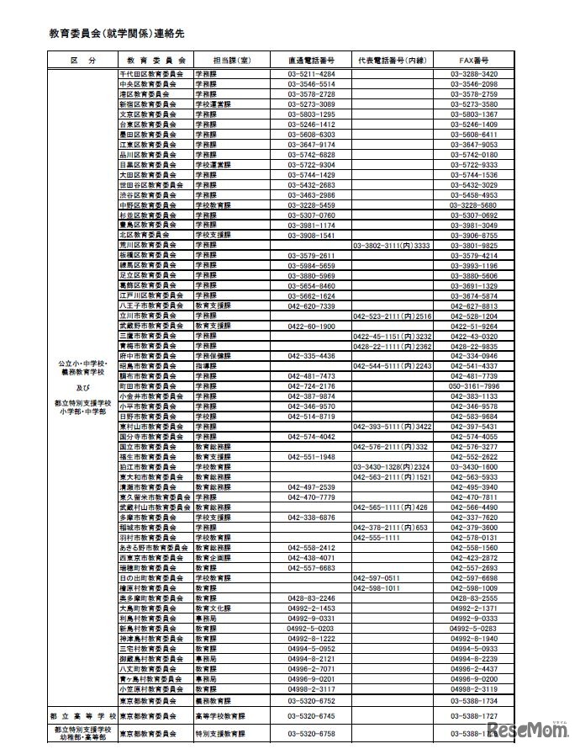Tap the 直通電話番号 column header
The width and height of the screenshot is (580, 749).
pyautogui.click(x=311, y=61)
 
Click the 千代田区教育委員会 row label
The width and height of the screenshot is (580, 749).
pyautogui.click(x=148, y=75)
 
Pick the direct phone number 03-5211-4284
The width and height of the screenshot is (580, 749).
pyautogui.click(x=311, y=75)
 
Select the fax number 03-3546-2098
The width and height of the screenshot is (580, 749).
pyautogui.click(x=474, y=85)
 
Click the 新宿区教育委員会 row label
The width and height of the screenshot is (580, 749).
pyautogui.click(x=148, y=104)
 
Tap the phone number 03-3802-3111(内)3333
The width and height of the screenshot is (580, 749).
pyautogui.click(x=392, y=245)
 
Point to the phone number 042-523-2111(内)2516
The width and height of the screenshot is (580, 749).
pyautogui.click(x=393, y=316)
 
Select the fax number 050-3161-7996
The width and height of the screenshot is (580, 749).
pyautogui.click(x=474, y=385)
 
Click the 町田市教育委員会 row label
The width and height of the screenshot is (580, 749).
pyautogui.click(x=148, y=385)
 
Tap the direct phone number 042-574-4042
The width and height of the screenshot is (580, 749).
pyautogui.click(x=311, y=436)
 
